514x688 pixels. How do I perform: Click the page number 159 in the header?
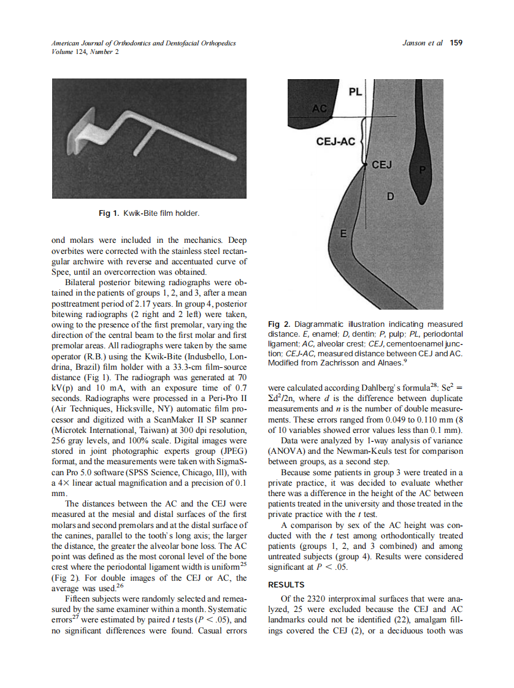[456, 43]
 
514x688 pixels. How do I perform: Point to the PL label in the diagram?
[355, 93]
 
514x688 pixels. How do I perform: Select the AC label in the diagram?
[320, 109]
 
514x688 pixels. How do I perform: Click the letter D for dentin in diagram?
[390, 196]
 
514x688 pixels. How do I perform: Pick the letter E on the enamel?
[343, 234]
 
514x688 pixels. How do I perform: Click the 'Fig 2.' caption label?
[280, 324]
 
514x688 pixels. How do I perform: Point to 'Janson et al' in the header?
[422, 43]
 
